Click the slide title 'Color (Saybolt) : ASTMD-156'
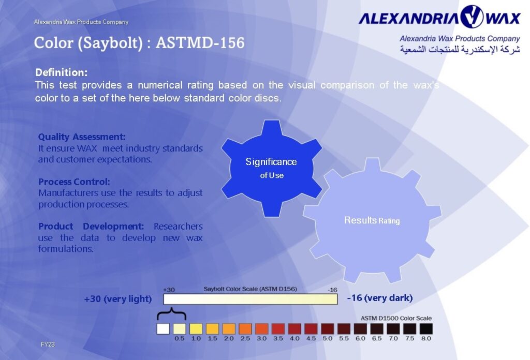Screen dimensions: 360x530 [139, 42]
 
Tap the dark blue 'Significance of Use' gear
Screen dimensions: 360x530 [271, 168]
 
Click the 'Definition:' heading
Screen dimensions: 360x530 [61, 72]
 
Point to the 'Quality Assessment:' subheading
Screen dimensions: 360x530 [82, 137]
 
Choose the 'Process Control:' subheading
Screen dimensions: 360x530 [74, 182]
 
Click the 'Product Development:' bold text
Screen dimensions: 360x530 [91, 227]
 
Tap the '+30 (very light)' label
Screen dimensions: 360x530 [117, 299]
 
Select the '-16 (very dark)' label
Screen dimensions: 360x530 [379, 298]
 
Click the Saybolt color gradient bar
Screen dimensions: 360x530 [251, 299]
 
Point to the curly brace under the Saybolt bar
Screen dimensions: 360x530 [171, 314]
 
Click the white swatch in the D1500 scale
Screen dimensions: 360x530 [163, 328]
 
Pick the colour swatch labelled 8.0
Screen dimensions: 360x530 [426, 328]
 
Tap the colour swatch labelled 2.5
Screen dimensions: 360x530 [245, 328]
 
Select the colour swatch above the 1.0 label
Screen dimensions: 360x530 [196, 328]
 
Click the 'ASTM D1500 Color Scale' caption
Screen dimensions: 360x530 [396, 318]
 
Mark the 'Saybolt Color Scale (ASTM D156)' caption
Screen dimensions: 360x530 [250, 289]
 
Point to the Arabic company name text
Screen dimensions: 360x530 [460, 50]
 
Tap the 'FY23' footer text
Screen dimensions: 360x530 [48, 344]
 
